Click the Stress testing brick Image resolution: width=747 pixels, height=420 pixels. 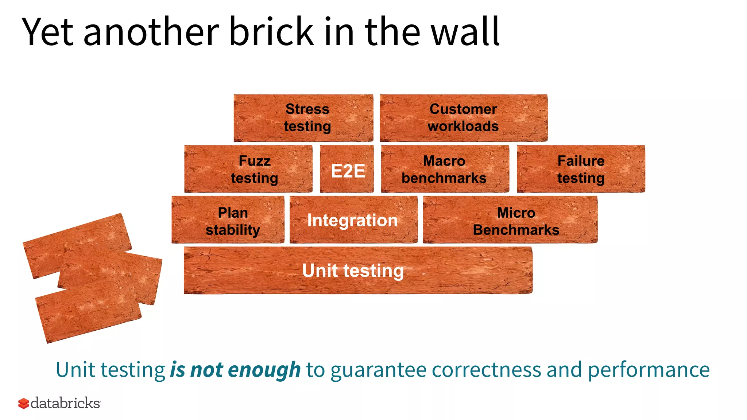pos(303,118)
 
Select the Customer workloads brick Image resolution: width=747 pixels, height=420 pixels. pos(463,118)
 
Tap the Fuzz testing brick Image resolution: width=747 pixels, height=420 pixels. pos(248,169)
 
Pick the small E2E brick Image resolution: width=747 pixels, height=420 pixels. pos(347,169)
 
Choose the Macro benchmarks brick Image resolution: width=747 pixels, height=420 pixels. pos(445,169)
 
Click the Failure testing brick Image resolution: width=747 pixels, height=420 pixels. pos(581,169)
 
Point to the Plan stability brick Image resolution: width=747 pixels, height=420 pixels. pos(228,220)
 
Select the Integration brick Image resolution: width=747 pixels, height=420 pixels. pos(353,220)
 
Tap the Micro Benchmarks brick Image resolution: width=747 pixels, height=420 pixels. pos(510,220)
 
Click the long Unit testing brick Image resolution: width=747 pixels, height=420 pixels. pos(357,271)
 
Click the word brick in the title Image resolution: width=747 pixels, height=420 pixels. pos(271,32)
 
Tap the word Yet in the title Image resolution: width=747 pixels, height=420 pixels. pos(48,32)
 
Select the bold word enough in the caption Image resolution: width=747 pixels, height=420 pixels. pos(264,370)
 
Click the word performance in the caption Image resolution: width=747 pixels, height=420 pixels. pos(649,370)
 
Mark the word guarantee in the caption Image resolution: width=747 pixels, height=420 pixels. pos(379,370)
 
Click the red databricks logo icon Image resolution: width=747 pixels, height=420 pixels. pos(24,404)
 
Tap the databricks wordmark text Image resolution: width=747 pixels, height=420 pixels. pos(66,403)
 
